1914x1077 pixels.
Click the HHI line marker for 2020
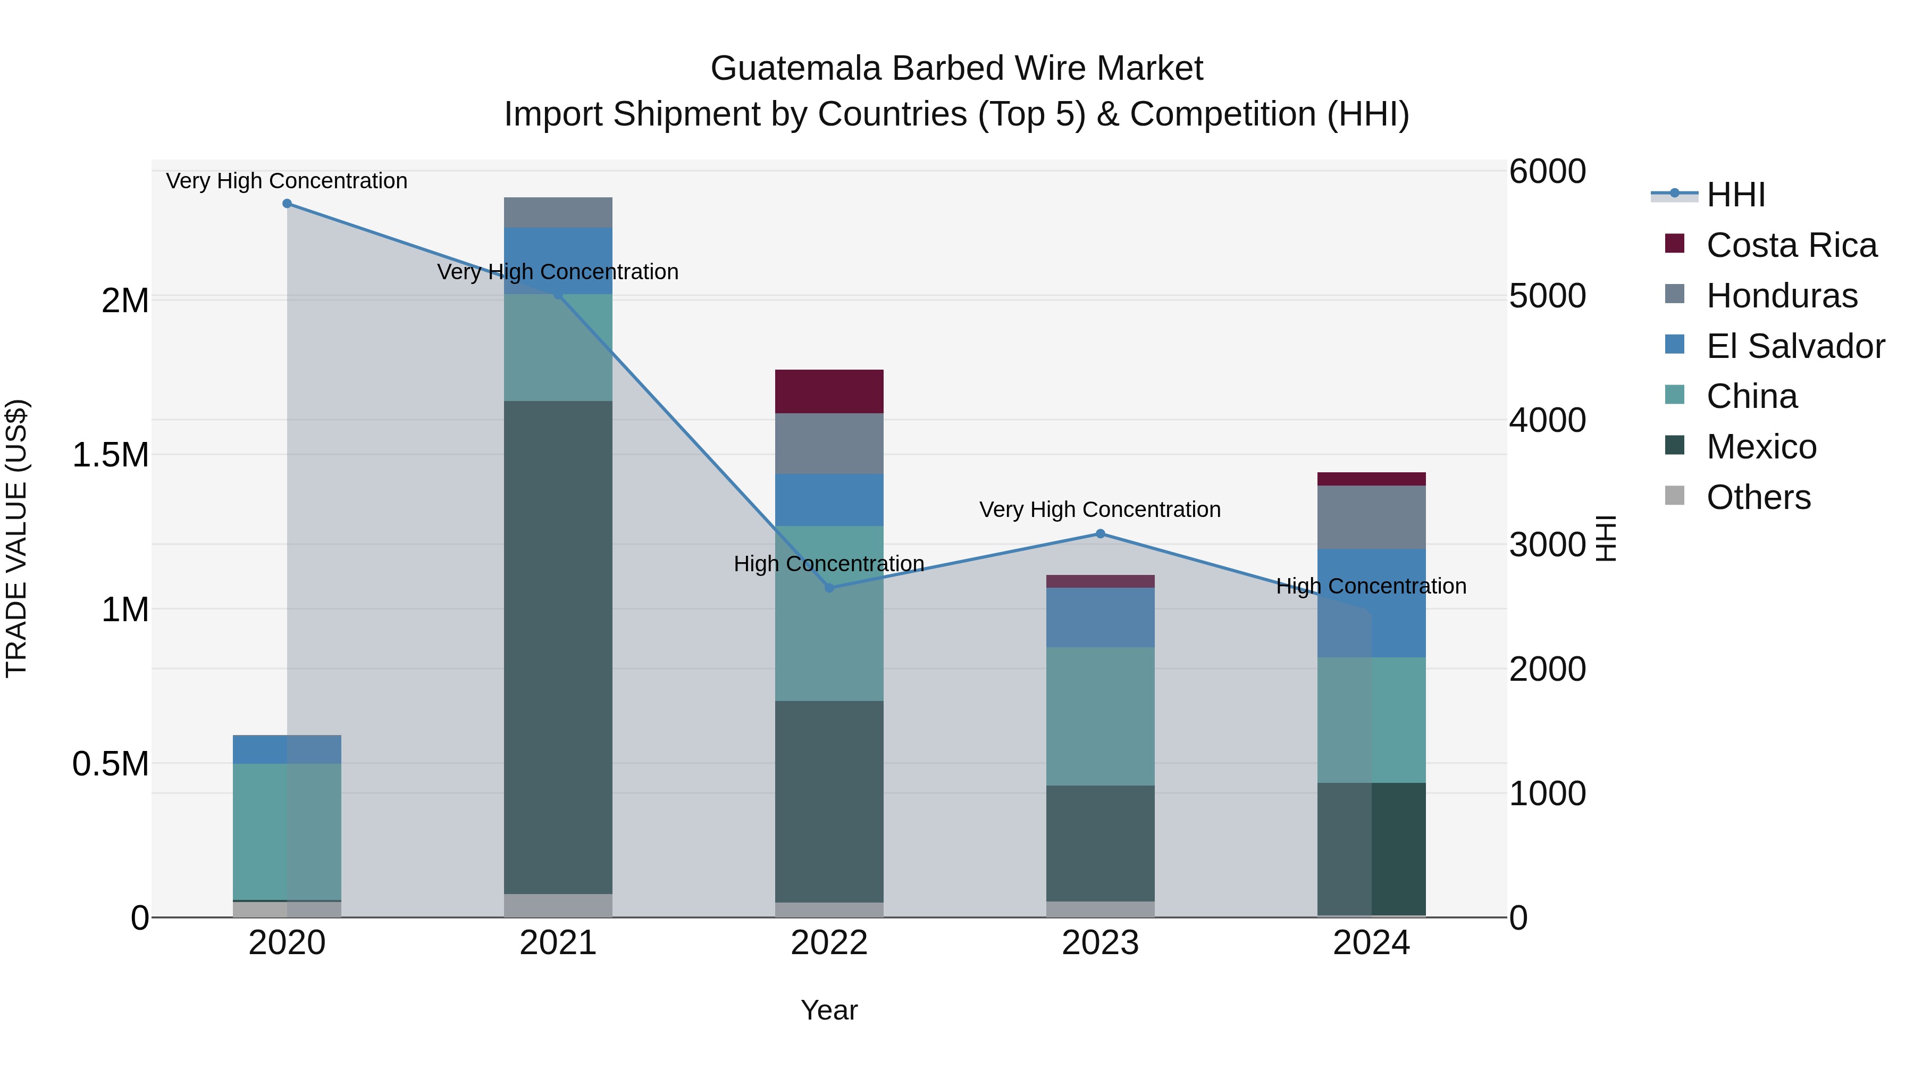click(x=287, y=204)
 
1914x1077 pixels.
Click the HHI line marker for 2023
click(x=1101, y=533)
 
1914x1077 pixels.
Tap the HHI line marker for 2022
click(x=830, y=588)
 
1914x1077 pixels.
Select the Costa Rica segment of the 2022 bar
click(x=829, y=391)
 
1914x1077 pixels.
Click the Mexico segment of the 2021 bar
click(x=558, y=647)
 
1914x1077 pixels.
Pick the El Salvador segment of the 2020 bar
click(x=287, y=749)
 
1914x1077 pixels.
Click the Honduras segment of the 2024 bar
click(x=1372, y=517)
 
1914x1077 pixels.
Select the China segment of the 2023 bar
click(x=1101, y=716)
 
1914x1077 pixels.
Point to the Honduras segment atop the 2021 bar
click(x=558, y=213)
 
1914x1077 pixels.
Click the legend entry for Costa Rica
click(x=1791, y=245)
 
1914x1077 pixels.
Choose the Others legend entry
click(x=1758, y=497)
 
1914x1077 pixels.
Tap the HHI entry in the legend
click(x=1736, y=195)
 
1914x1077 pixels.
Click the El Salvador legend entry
click(x=1795, y=346)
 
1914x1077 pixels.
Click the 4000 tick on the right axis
click(x=1548, y=420)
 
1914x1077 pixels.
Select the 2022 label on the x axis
click(x=829, y=943)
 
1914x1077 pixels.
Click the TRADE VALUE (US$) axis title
click(x=16, y=538)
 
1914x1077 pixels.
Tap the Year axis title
click(x=829, y=1010)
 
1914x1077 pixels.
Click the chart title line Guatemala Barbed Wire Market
click(x=956, y=69)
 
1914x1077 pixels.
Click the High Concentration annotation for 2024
click(x=1371, y=587)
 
